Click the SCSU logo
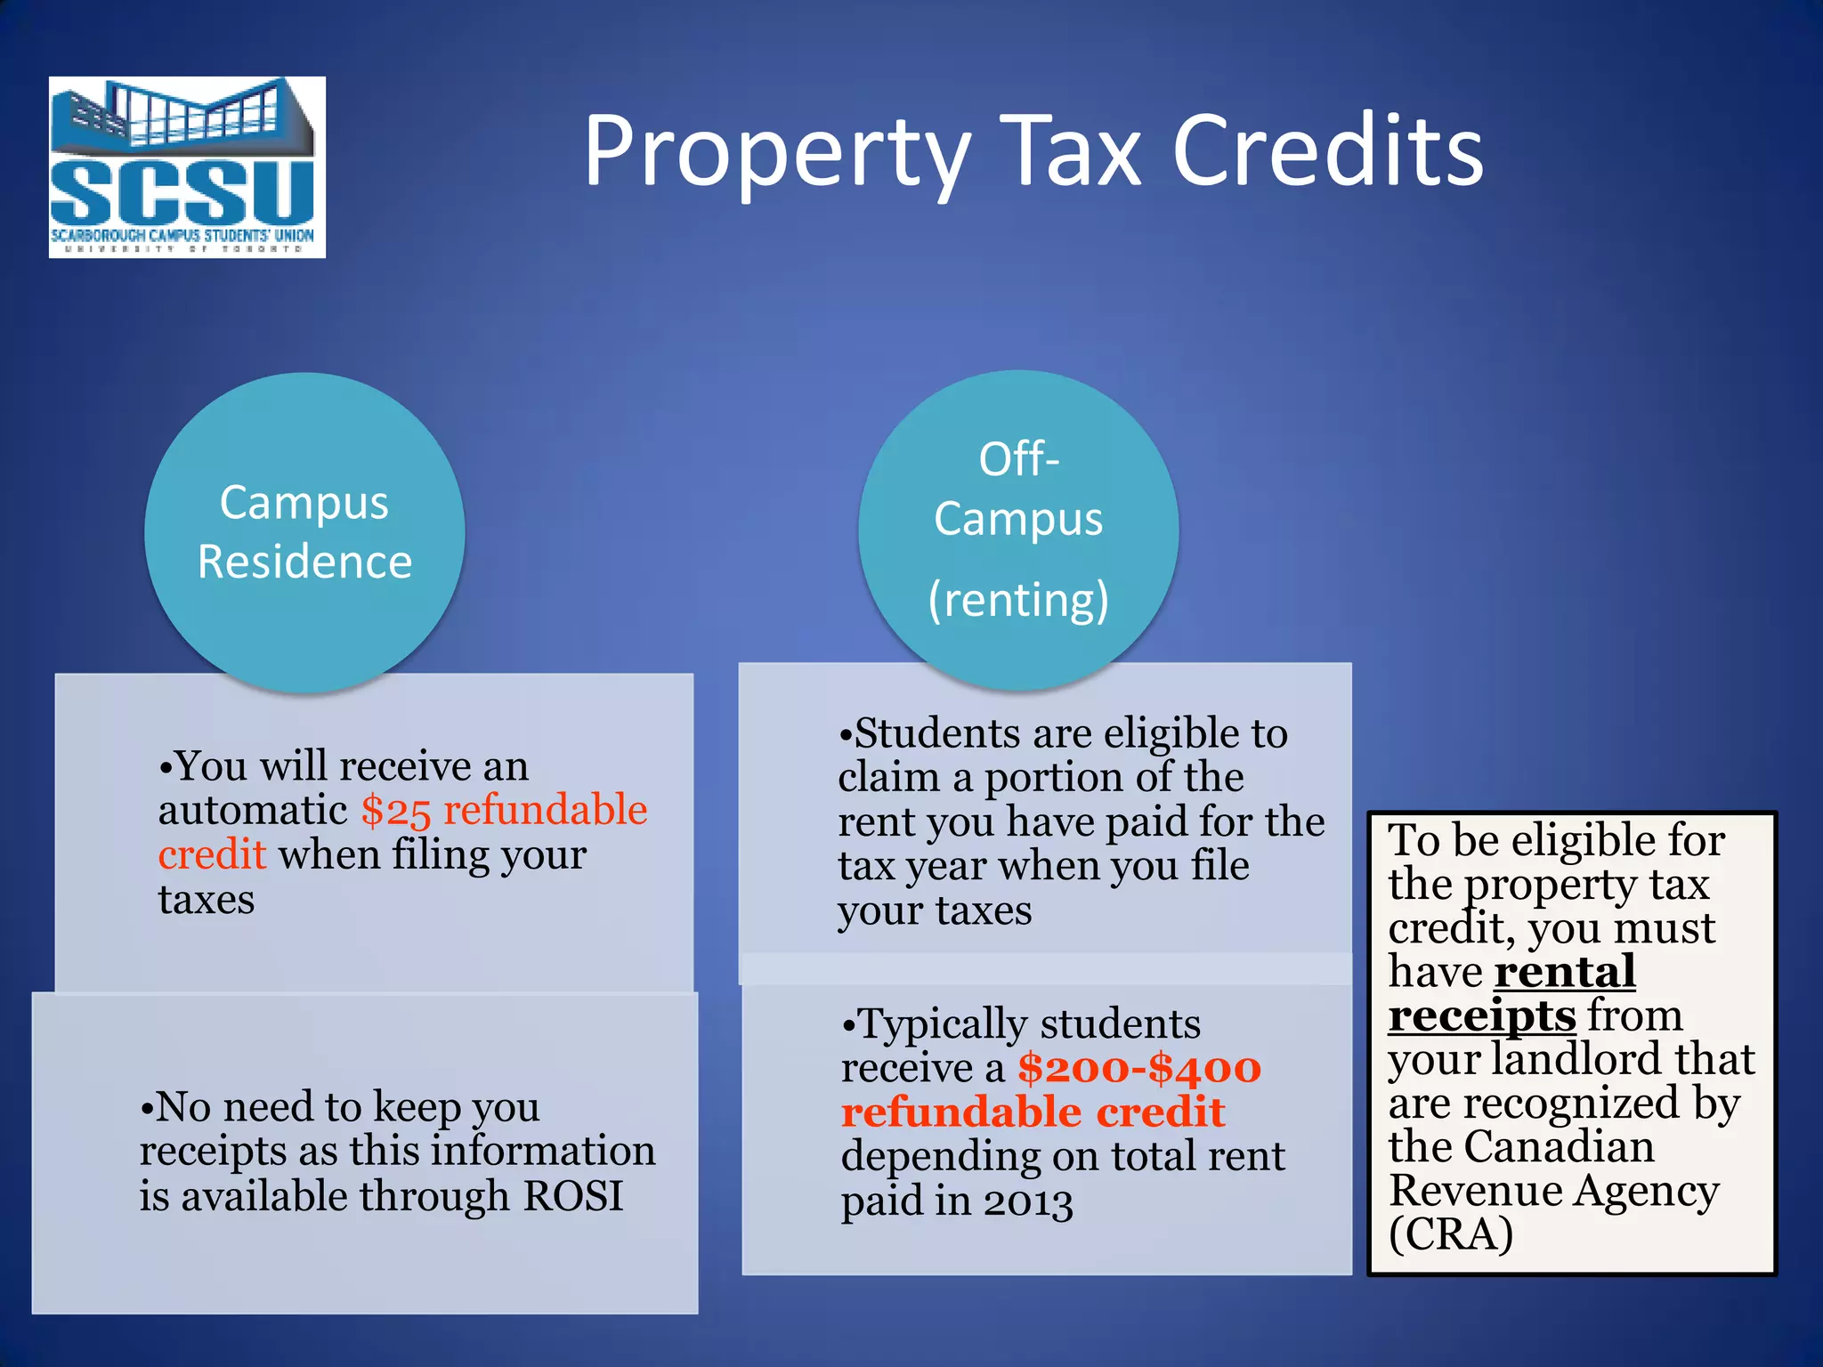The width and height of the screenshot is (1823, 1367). coord(187,167)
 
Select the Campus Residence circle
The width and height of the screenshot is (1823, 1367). coord(304,532)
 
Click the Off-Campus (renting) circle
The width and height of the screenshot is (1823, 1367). coord(1018,530)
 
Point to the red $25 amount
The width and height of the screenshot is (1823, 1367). coord(395,811)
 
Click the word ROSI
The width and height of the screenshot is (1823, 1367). coord(573,1196)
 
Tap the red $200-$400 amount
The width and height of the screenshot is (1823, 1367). coord(1139,1068)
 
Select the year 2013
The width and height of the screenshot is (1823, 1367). coord(1028,1201)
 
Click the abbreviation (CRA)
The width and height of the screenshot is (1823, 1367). coord(1451,1234)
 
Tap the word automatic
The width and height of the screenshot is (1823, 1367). coord(253,811)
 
